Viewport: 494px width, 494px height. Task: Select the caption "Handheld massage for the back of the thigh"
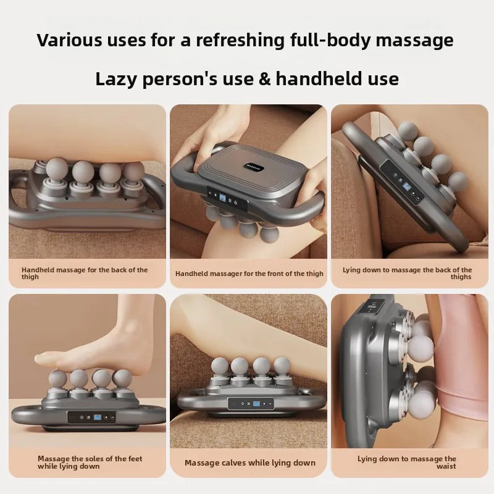(x=85, y=274)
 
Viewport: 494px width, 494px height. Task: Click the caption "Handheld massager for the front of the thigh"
(x=249, y=274)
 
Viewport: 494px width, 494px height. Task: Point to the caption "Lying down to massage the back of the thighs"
(x=408, y=274)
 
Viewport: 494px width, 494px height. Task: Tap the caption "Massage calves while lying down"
(x=249, y=463)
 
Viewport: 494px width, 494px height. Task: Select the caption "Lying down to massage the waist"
(x=408, y=463)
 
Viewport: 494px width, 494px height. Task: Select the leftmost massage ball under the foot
(x=58, y=378)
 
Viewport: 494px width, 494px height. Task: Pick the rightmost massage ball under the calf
(x=282, y=366)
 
